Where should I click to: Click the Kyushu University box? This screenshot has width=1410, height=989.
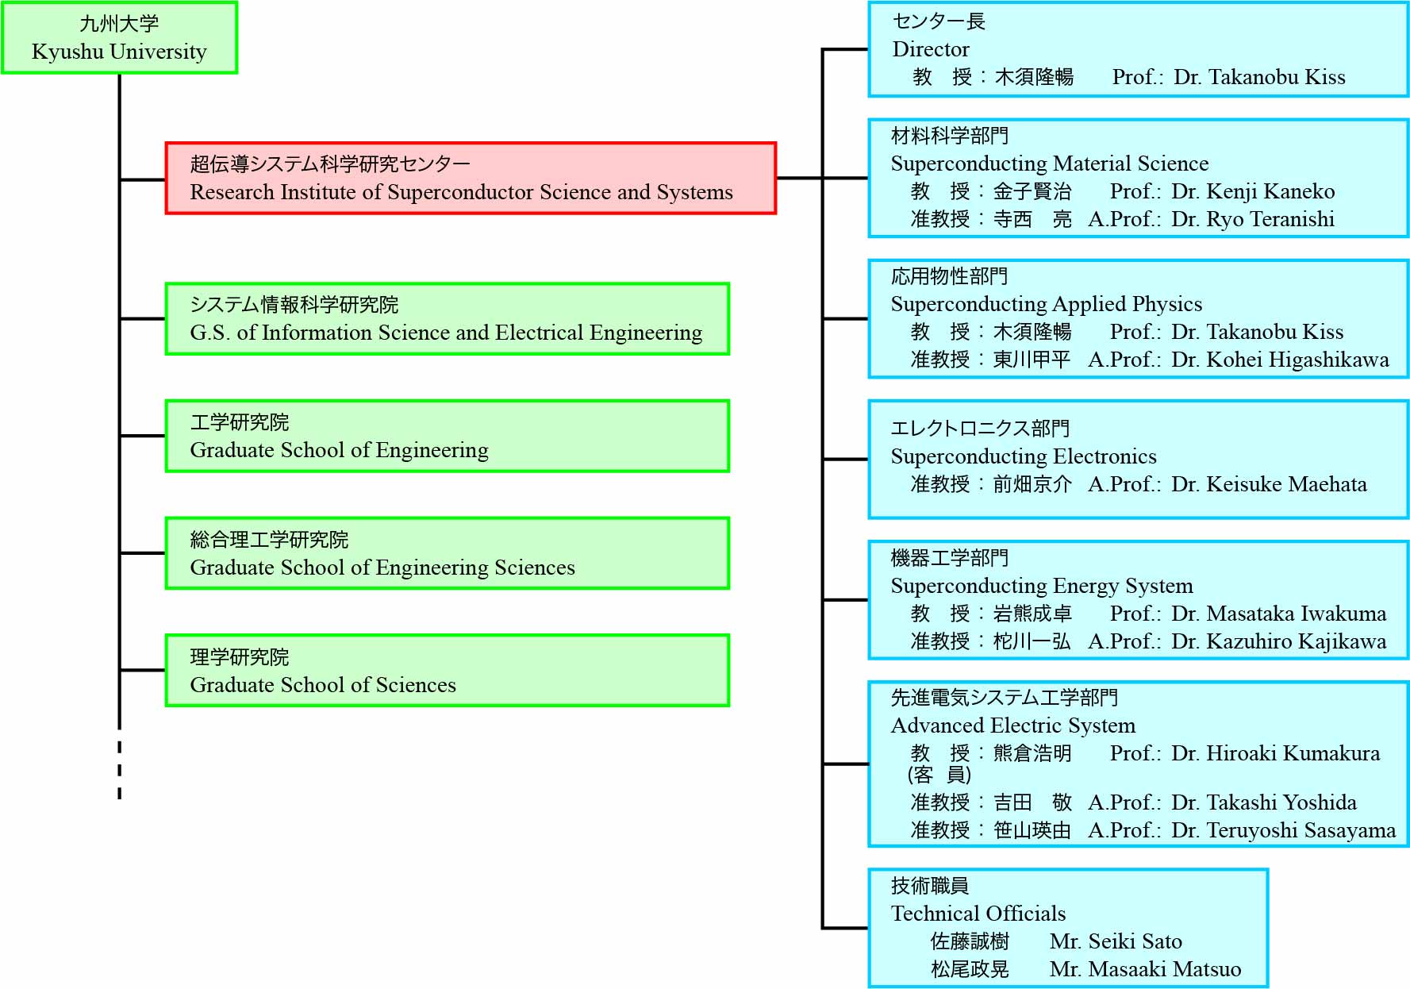point(119,38)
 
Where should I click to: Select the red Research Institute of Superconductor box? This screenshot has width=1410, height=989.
point(471,178)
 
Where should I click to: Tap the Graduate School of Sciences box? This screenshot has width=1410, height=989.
point(448,671)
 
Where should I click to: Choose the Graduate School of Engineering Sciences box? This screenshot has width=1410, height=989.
point(448,553)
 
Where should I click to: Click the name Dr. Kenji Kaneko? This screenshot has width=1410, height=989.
point(1253,191)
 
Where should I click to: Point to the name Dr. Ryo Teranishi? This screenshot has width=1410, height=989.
point(1253,219)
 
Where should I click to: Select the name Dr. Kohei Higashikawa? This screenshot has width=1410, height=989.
point(1280,360)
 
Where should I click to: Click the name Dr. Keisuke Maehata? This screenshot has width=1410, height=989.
point(1269,484)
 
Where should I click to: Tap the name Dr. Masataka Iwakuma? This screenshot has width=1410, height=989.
point(1278,614)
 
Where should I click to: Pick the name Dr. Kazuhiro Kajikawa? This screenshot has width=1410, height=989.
point(1278,641)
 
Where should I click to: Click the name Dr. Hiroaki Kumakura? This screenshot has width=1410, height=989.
point(1275,753)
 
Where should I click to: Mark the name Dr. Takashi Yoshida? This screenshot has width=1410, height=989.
point(1264,802)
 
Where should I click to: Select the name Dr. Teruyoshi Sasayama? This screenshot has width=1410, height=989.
point(1283,830)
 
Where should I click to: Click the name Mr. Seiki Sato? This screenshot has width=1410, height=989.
point(1116,941)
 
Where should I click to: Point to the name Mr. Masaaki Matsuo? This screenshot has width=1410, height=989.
point(1145,969)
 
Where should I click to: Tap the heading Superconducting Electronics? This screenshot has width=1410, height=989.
point(1024,456)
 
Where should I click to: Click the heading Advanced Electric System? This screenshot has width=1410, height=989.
point(1013,725)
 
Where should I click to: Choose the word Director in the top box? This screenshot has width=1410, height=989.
point(931,49)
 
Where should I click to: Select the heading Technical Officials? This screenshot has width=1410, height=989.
point(978,914)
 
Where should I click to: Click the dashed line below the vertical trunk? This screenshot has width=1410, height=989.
point(120,769)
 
